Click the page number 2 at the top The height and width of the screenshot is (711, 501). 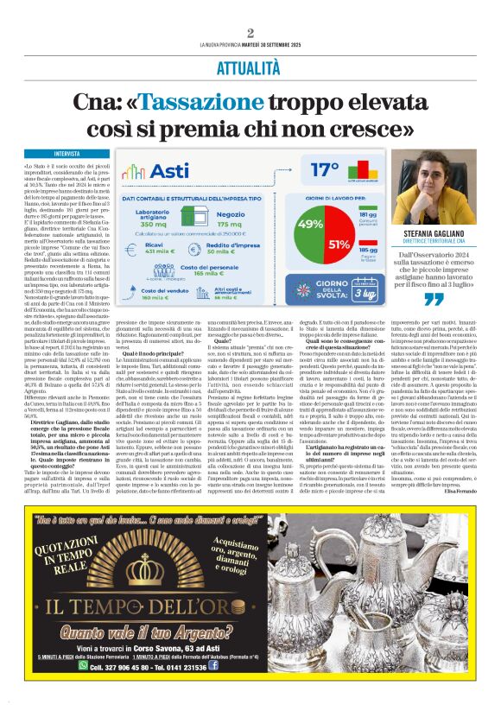click(250, 33)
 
